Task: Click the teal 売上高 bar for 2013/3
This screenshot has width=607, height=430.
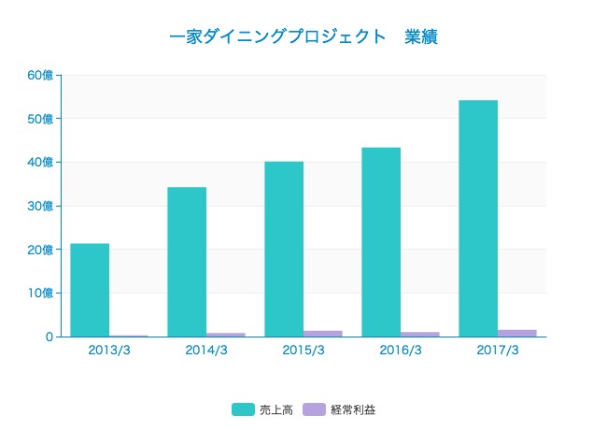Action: tap(90, 290)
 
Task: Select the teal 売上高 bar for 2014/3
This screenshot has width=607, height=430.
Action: tap(187, 262)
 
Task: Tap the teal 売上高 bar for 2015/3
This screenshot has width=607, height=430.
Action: tap(284, 249)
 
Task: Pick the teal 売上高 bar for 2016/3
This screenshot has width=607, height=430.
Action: tap(381, 242)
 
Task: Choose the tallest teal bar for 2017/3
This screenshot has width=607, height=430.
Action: tap(478, 218)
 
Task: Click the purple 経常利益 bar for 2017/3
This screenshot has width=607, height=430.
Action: tap(516, 333)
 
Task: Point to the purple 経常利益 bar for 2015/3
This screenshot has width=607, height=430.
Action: tap(322, 333)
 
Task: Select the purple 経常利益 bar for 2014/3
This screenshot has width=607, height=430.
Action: tap(225, 334)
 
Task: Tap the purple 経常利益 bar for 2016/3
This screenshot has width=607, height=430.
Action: tap(419, 334)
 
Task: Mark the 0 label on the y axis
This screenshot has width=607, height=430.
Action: tap(49, 337)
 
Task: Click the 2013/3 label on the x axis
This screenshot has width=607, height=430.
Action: tap(109, 351)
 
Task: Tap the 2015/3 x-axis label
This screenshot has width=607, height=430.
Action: tap(303, 351)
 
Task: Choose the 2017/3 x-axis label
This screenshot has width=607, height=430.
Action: tap(498, 351)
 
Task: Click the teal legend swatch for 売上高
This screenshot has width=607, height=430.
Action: tap(243, 409)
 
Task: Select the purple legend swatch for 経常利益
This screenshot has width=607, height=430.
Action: tap(315, 409)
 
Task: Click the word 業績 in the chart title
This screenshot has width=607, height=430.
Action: tap(422, 37)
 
